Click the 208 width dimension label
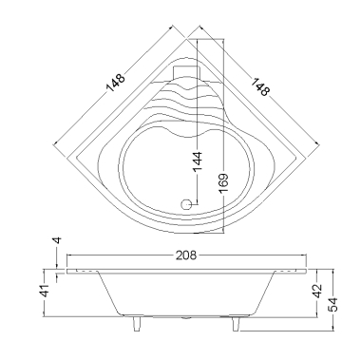pos(186,255)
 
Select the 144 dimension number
pos(198,161)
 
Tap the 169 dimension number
pos(223,183)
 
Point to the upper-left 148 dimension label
pos(116,84)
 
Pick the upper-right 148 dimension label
pos(260,86)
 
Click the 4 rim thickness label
pos(57,240)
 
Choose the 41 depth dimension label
pos(47,291)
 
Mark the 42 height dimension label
pos(317,291)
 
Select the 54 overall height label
pos(333,305)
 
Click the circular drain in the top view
pos(186,204)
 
